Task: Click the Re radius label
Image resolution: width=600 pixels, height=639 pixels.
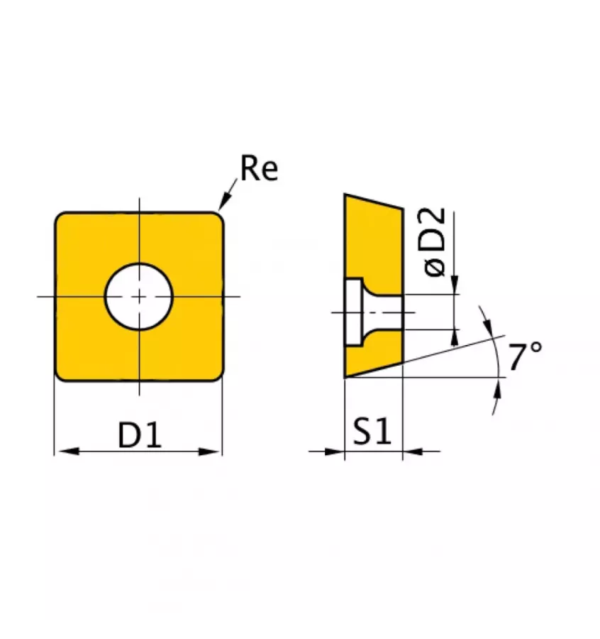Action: pyautogui.click(x=259, y=170)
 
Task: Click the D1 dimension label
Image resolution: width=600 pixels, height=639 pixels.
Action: pyautogui.click(x=140, y=435)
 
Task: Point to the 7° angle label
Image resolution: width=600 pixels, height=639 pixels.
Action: pyautogui.click(x=526, y=356)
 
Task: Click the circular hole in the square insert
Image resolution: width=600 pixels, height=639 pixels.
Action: pyautogui.click(x=140, y=296)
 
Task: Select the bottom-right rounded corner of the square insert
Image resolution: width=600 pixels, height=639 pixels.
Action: pyautogui.click(x=218, y=375)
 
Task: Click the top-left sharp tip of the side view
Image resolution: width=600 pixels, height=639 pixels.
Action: pyautogui.click(x=346, y=195)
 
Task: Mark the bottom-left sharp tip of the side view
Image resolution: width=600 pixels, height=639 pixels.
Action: pyautogui.click(x=346, y=376)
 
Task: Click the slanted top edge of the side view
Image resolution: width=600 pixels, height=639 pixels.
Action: pyautogui.click(x=374, y=201)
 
